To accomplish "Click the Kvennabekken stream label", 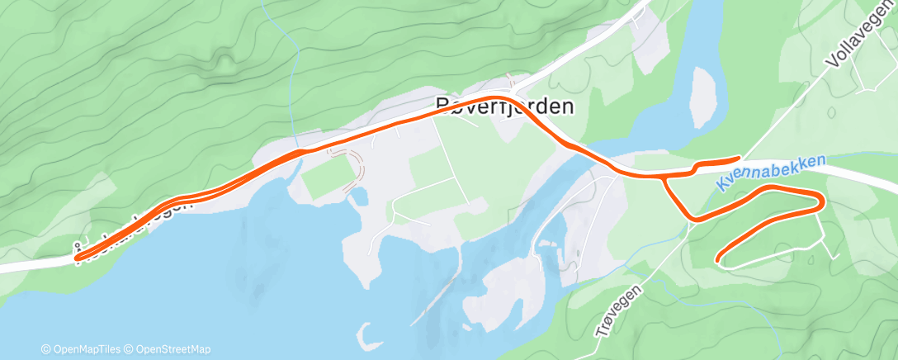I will pyautogui.click(x=771, y=172).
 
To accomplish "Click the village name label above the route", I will pyautogui.click(x=504, y=106).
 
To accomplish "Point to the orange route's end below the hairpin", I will pyautogui.click(x=721, y=259).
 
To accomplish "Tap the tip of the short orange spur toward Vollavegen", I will pyautogui.click(x=737, y=158).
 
